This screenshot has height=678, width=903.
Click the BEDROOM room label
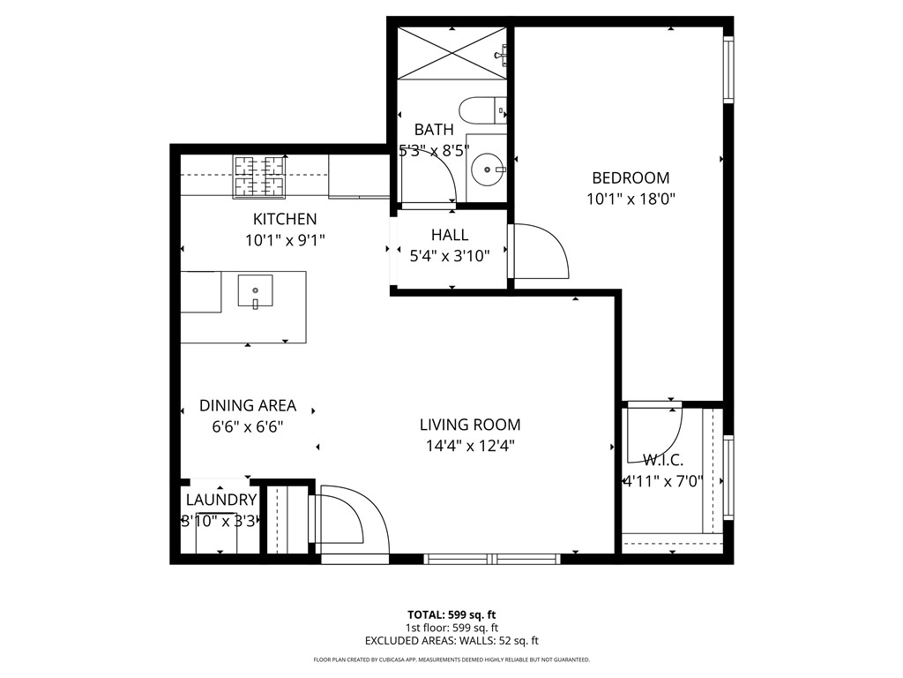click(630, 177)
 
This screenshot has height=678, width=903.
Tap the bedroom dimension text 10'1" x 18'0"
click(630, 199)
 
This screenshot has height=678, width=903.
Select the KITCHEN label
click(284, 219)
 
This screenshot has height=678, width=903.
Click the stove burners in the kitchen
click(260, 175)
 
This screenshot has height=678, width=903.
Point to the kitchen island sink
click(255, 290)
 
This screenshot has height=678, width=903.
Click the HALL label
click(450, 236)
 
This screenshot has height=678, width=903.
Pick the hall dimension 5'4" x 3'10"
click(450, 256)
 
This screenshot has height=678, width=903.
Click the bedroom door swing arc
click(540, 252)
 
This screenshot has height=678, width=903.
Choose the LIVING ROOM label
click(469, 425)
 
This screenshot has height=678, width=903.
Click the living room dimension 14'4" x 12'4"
click(469, 446)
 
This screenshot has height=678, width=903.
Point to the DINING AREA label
click(247, 406)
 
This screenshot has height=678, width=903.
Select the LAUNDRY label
click(220, 500)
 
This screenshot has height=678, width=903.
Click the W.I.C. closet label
click(663, 460)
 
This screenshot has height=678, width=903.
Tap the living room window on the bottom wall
click(492, 558)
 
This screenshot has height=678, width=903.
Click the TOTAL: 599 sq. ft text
click(451, 614)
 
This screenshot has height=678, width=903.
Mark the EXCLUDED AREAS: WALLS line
click(451, 641)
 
